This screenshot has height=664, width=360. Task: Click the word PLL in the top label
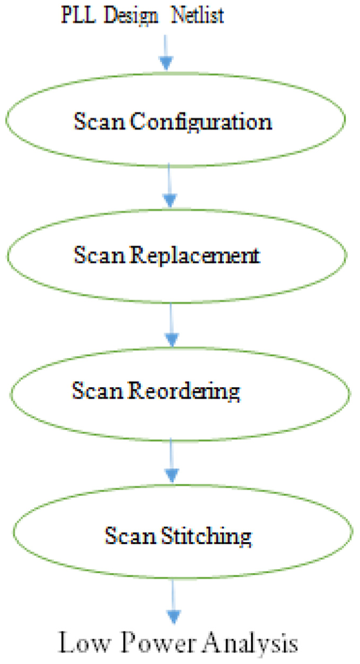[x=79, y=15]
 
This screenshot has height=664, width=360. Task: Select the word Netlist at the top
[x=198, y=15]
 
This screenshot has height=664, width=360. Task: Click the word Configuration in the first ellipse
[x=201, y=122]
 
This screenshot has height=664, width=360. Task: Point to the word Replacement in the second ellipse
[x=195, y=255]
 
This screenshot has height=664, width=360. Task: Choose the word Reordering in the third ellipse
[x=184, y=391]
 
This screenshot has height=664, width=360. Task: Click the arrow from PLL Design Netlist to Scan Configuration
[x=166, y=53]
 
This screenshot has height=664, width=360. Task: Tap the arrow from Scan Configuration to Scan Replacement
[x=169, y=185]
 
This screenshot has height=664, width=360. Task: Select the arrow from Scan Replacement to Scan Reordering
[x=171, y=325]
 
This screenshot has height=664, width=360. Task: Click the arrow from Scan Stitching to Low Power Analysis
[x=174, y=601]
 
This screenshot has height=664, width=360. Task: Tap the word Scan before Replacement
[x=99, y=254]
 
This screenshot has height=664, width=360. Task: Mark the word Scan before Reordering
[x=98, y=390]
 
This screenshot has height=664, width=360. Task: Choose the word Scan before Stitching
[x=130, y=535]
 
